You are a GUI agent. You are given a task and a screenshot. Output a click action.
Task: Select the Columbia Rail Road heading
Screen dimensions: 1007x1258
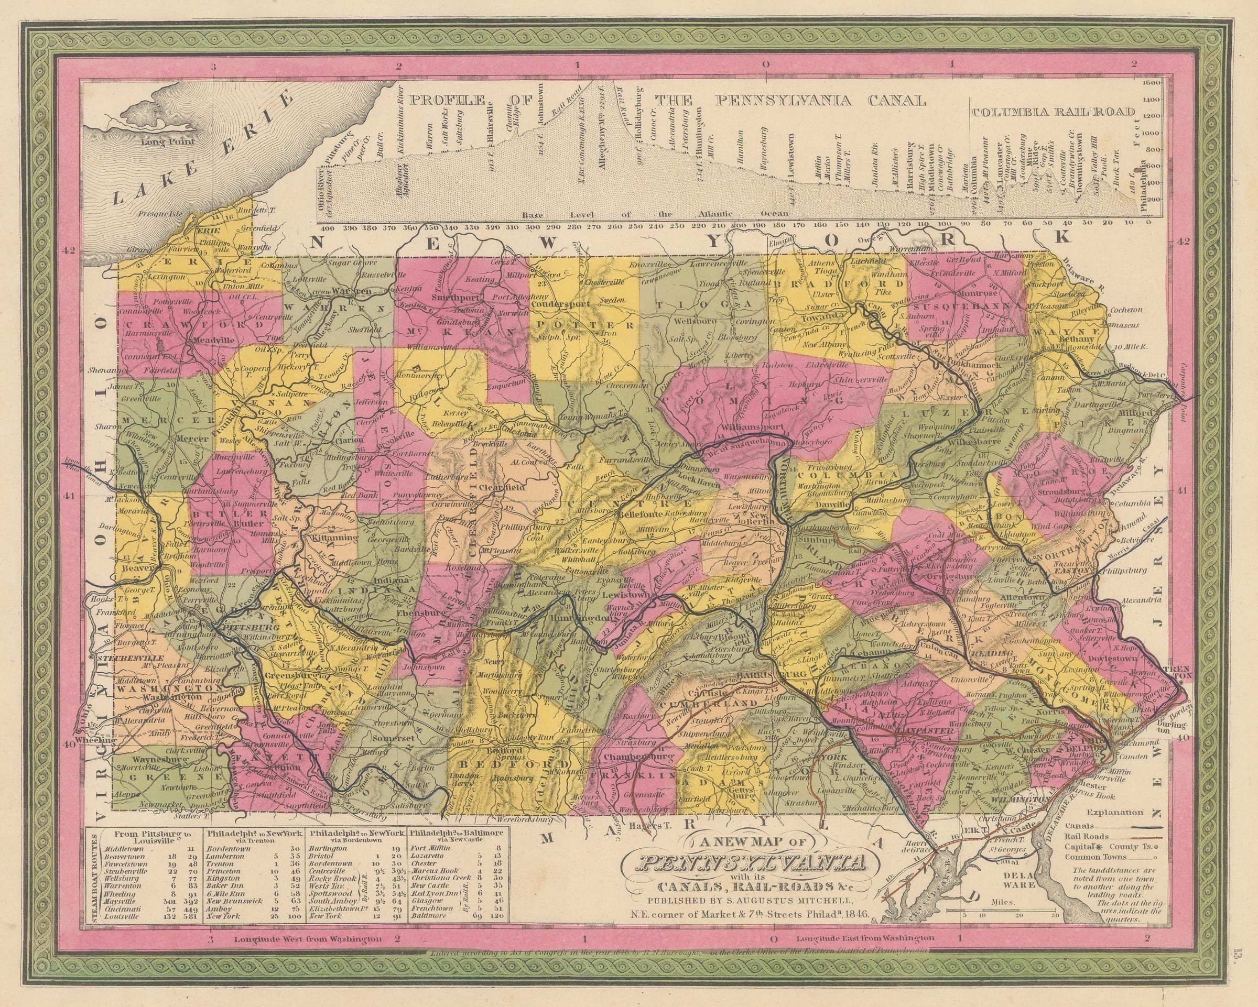coord(1053,112)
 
